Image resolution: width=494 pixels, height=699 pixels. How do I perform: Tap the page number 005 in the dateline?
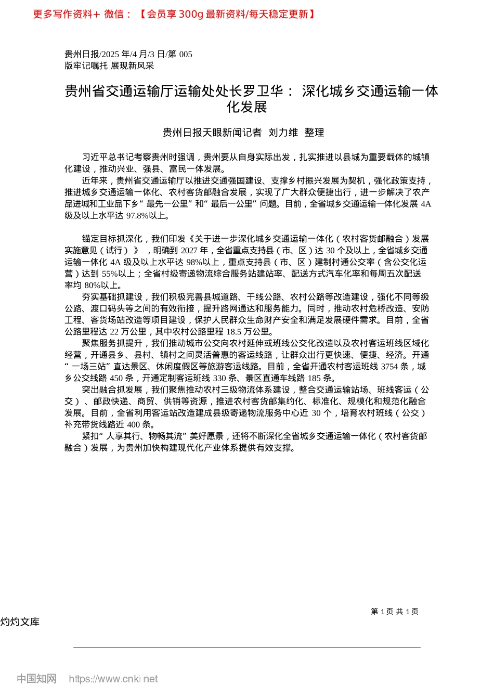186,54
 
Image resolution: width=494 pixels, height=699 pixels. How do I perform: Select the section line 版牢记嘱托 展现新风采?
109,66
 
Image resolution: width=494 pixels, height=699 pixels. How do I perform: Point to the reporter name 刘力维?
283,133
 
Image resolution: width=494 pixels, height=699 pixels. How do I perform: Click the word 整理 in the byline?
314,133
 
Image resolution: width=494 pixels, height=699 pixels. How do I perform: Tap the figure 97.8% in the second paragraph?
140,215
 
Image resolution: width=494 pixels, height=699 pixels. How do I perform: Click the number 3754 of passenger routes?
389,367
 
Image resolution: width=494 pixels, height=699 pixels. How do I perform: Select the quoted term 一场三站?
92,367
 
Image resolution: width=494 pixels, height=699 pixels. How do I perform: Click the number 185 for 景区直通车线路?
314,378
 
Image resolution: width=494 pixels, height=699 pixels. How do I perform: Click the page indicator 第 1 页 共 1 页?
395,612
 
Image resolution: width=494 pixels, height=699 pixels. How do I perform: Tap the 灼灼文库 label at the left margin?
20,622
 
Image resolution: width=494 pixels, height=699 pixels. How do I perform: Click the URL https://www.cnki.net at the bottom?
113,679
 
